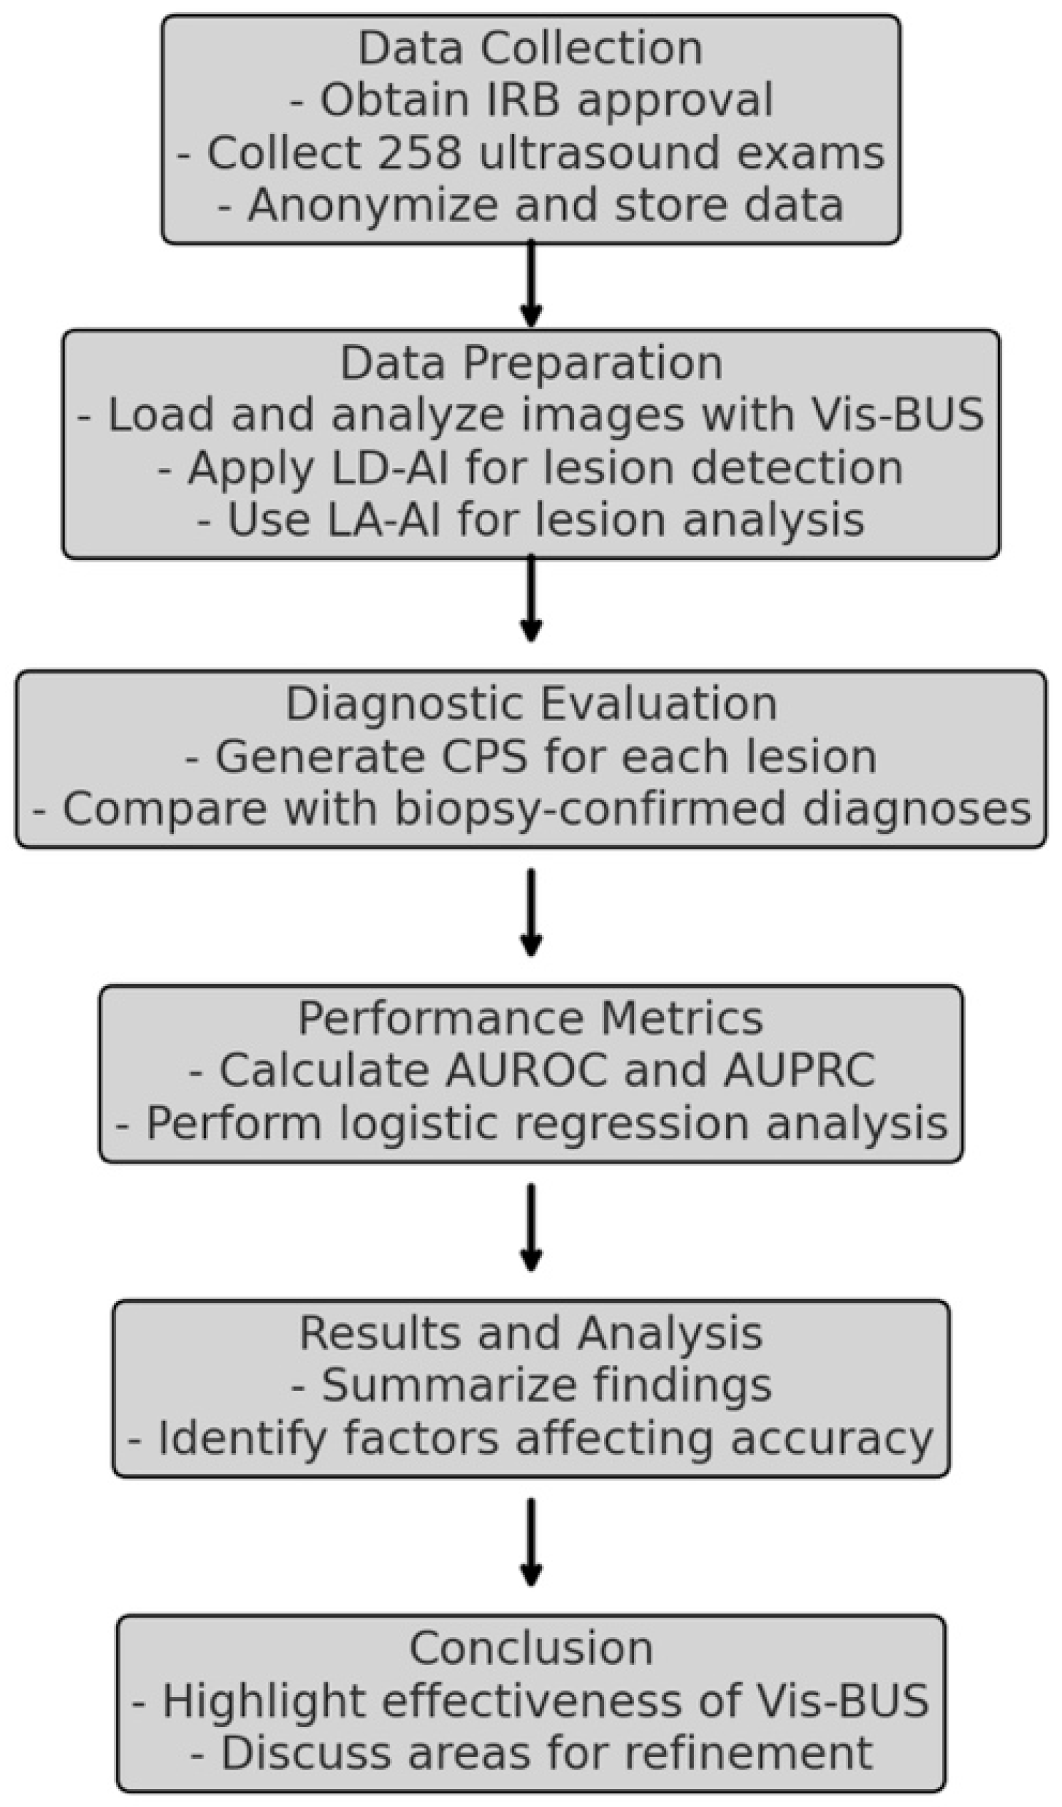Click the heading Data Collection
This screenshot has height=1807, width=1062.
coord(530,49)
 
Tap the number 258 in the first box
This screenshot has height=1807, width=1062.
coord(419,153)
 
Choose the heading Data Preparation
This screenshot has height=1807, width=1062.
coord(531,363)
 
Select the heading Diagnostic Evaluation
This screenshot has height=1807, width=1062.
coord(531,704)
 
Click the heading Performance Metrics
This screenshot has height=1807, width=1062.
coord(531,1019)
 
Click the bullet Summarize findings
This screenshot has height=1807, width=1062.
coord(531,1386)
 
